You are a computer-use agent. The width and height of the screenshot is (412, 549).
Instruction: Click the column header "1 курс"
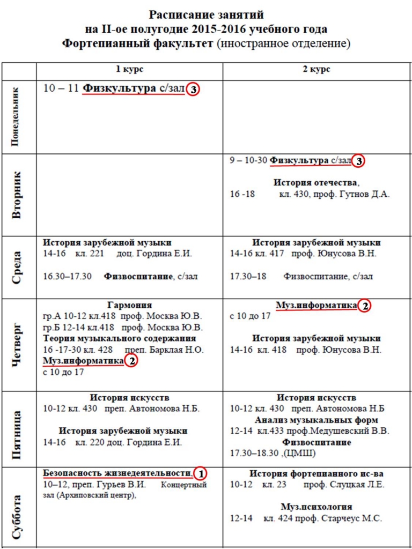(129, 70)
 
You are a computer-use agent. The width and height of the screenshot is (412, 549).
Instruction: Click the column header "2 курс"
(317, 70)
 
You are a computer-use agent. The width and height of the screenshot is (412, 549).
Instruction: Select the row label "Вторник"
(16, 195)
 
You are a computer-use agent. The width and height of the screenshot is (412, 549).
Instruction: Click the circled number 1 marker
(200, 473)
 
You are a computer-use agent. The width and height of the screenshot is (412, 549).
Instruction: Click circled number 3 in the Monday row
(193, 90)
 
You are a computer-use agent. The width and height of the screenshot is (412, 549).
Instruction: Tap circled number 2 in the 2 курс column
(364, 306)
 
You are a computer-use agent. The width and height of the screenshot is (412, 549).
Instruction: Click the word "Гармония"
(129, 305)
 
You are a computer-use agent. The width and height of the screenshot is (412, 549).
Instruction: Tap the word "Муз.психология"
(317, 507)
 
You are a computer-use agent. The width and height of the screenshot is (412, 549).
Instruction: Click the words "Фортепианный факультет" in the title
(138, 43)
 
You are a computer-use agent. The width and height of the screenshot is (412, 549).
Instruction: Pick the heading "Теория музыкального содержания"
(120, 339)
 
